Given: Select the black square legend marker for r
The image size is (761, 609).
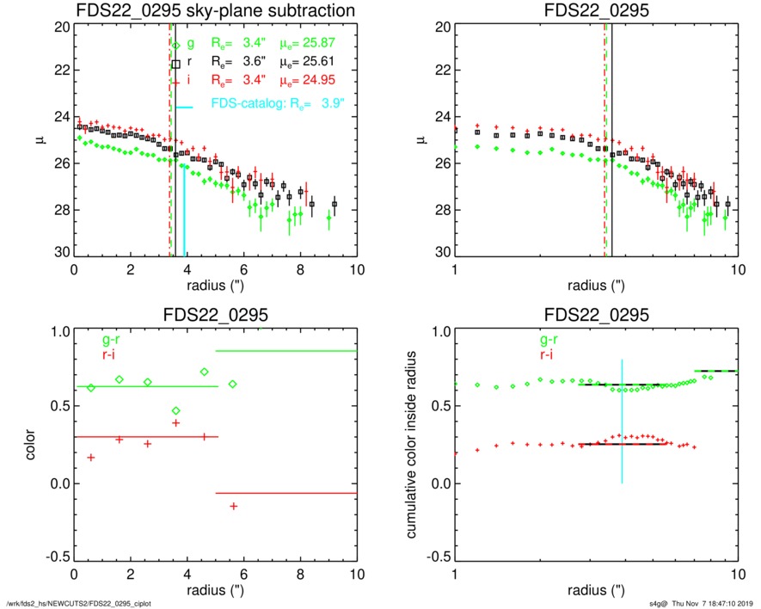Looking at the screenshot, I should pos(176,63).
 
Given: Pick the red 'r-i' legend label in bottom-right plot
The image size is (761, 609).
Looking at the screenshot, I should pos(548,354).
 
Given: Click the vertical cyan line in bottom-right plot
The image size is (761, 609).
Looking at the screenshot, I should pos(622,421).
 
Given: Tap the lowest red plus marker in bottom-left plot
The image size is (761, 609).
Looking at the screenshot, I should pos(233,506).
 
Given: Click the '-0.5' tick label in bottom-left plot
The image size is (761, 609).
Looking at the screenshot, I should pos(53,557).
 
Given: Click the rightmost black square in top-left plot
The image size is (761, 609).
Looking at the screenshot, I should pos(334,204).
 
